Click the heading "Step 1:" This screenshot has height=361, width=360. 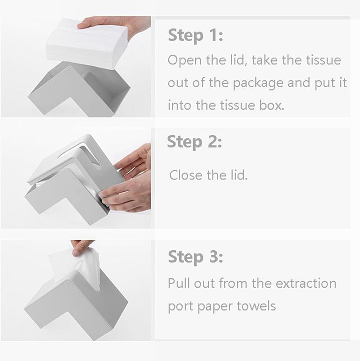tap(195, 36)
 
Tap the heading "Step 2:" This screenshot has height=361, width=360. tap(194, 142)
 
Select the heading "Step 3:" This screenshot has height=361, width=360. tap(195, 257)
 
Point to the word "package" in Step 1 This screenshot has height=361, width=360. tap(258, 83)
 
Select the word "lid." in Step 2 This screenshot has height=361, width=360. tap(239, 175)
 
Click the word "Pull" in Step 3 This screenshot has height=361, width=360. tap(179, 283)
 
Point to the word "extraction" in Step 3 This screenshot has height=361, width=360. tap(306, 283)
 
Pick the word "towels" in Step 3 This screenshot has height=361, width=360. tap(256, 306)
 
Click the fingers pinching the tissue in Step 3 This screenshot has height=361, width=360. tap(81, 248)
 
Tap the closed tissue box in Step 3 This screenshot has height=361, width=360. tap(76, 304)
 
